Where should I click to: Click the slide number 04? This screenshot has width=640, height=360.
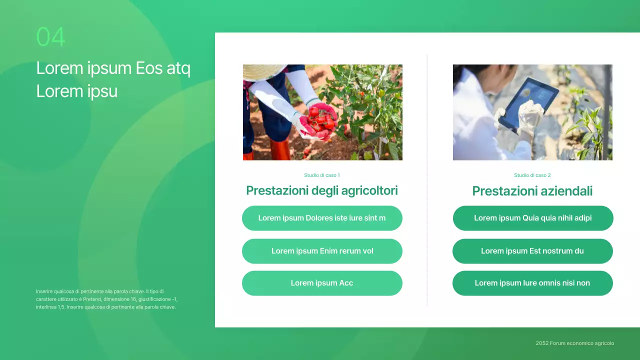pyautogui.click(x=50, y=37)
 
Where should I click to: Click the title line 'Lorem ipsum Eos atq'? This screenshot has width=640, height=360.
pyautogui.click(x=113, y=68)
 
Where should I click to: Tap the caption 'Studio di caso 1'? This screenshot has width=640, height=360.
pyautogui.click(x=322, y=175)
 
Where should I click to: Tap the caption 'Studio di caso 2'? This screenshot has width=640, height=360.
pyautogui.click(x=532, y=175)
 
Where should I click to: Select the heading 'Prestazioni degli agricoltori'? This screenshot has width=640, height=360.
pyautogui.click(x=322, y=190)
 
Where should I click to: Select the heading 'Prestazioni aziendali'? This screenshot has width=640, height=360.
pyautogui.click(x=532, y=191)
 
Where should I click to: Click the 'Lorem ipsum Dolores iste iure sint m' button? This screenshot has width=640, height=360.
pyautogui.click(x=322, y=218)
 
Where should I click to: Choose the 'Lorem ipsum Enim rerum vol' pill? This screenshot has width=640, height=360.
pyautogui.click(x=322, y=251)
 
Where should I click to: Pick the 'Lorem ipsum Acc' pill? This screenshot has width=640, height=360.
pyautogui.click(x=322, y=283)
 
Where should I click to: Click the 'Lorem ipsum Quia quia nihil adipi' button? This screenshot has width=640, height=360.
pyautogui.click(x=532, y=218)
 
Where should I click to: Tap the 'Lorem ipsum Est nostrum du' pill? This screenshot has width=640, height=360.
pyautogui.click(x=532, y=251)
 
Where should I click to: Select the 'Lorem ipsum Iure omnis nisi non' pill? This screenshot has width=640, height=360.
pyautogui.click(x=532, y=283)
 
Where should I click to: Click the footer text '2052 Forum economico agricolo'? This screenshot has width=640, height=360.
pyautogui.click(x=574, y=343)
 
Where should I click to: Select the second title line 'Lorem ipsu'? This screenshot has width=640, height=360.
pyautogui.click(x=76, y=91)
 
